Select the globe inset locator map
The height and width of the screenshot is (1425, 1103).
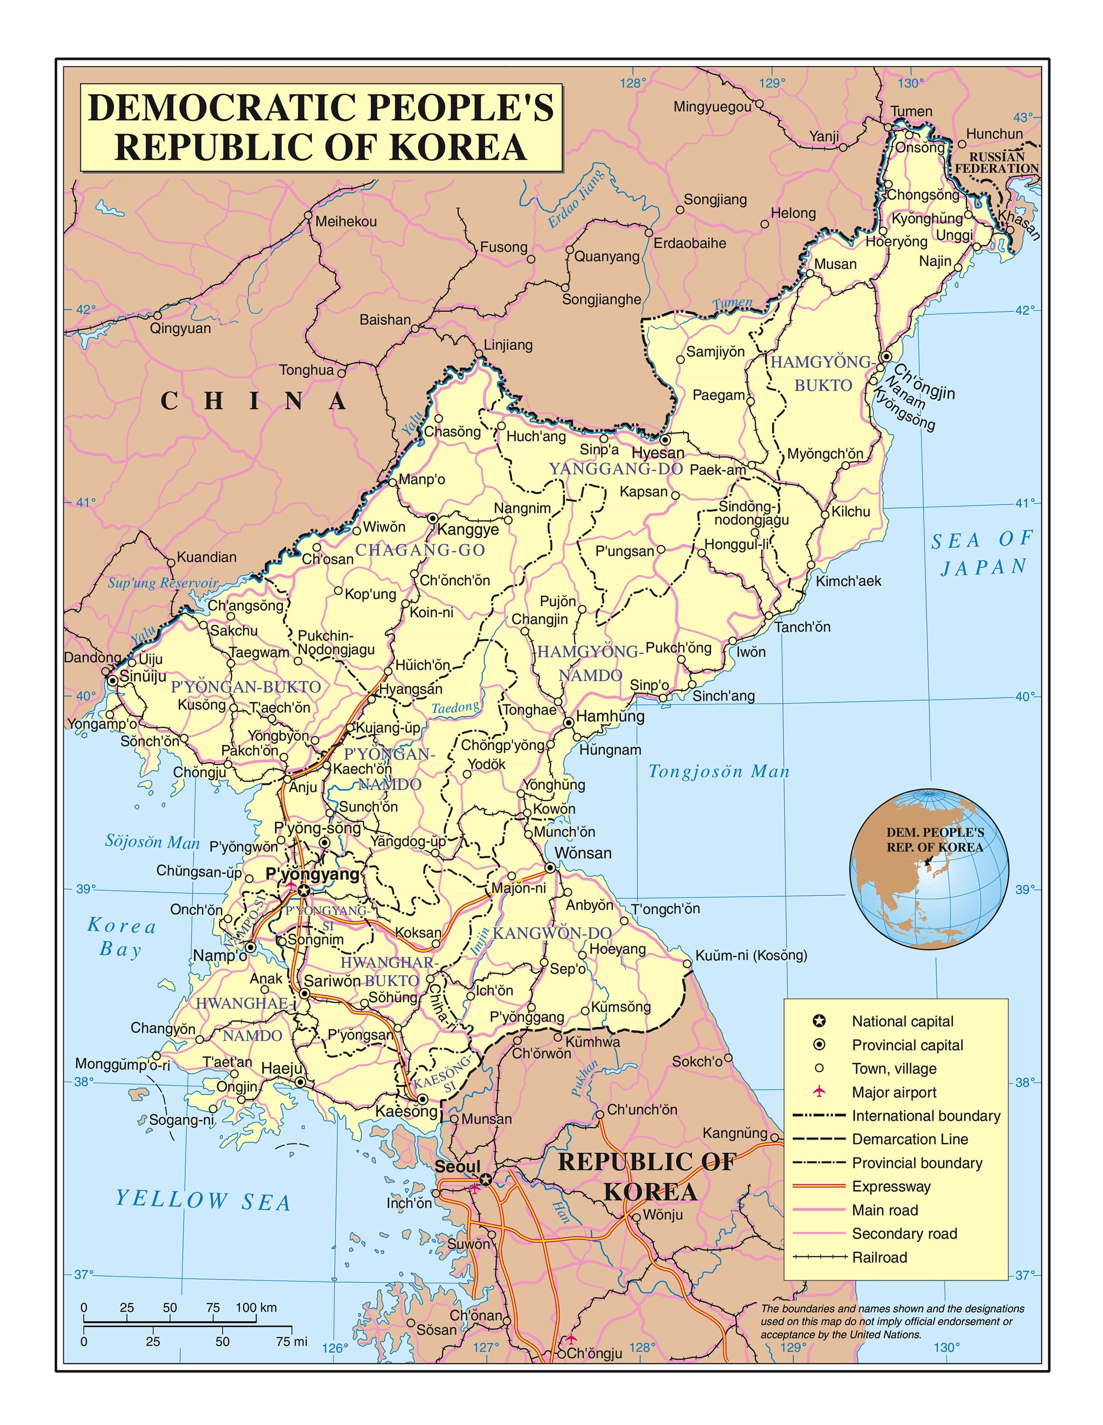929,869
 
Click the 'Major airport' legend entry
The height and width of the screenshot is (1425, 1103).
893,1092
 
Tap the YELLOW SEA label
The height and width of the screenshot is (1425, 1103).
203,1200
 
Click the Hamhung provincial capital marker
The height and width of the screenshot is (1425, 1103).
569,723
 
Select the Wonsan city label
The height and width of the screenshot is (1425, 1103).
582,853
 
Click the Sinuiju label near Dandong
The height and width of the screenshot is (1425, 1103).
143,676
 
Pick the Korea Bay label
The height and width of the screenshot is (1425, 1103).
122,937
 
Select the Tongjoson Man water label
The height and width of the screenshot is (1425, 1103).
719,772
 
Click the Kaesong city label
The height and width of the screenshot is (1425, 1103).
406,1111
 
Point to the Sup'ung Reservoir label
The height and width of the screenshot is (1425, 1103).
163,583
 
